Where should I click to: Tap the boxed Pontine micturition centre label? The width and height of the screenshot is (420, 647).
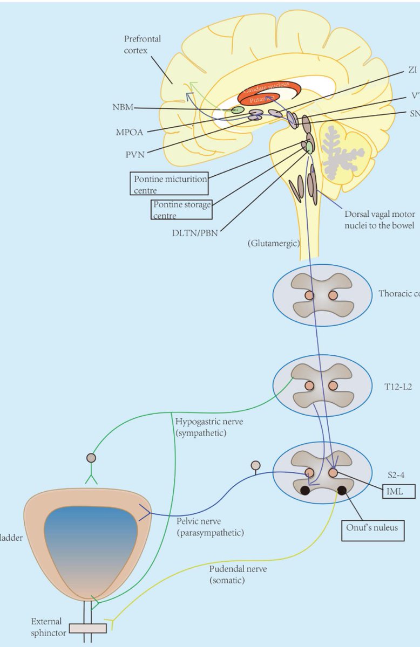168,183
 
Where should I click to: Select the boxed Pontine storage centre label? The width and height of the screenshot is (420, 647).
181,209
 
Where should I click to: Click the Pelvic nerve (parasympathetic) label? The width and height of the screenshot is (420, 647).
210,527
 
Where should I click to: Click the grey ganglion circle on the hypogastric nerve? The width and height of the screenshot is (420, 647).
91,458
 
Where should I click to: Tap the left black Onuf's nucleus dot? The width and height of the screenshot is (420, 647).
304,490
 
